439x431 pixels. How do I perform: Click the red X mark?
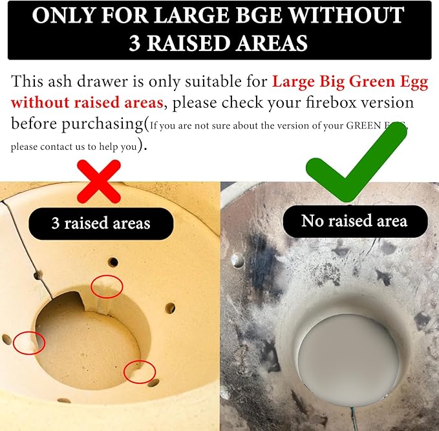[98, 182]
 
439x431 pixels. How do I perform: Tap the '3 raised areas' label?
[101, 224]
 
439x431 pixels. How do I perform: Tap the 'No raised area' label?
[354, 222]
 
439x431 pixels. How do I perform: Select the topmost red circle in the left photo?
[107, 286]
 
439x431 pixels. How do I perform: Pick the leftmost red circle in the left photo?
[28, 342]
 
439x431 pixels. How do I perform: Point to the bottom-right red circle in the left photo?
[140, 372]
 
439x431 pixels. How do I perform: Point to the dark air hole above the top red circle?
[113, 262]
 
